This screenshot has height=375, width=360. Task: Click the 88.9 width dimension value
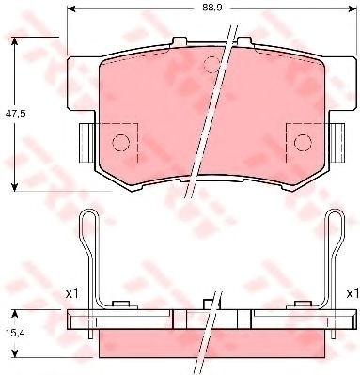pos(212,8)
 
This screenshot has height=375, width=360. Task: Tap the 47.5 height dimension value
pos(15,114)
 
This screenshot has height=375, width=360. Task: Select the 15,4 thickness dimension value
pos(15,334)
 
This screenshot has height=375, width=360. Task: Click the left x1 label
pos(71,294)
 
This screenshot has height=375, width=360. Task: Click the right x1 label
pos(352,294)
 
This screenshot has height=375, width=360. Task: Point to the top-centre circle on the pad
pos(211,65)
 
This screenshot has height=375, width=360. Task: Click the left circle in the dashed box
pos(120,143)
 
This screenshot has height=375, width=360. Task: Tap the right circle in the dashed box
pos(303,143)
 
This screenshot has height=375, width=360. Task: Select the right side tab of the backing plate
pos(337,143)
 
